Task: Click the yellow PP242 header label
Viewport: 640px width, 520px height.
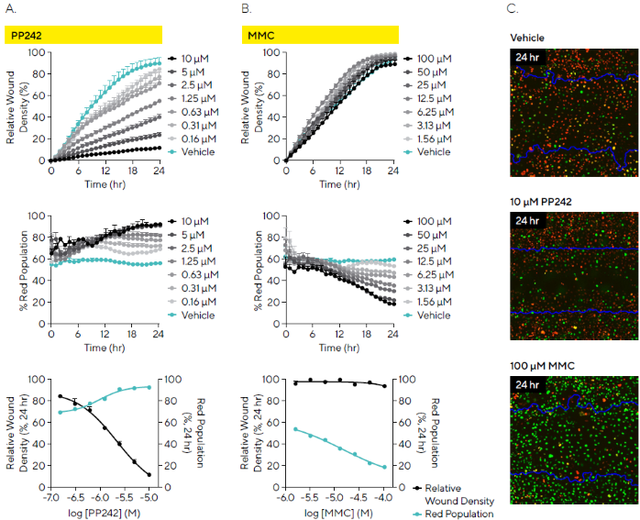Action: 28,35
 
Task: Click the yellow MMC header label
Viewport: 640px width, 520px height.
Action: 262,35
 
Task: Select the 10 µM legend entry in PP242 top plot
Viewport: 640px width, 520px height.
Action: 198,58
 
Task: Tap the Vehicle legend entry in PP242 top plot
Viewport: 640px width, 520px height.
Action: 198,151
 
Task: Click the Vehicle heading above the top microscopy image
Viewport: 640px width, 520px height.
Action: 527,38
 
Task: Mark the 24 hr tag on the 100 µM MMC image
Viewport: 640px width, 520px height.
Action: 527,384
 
